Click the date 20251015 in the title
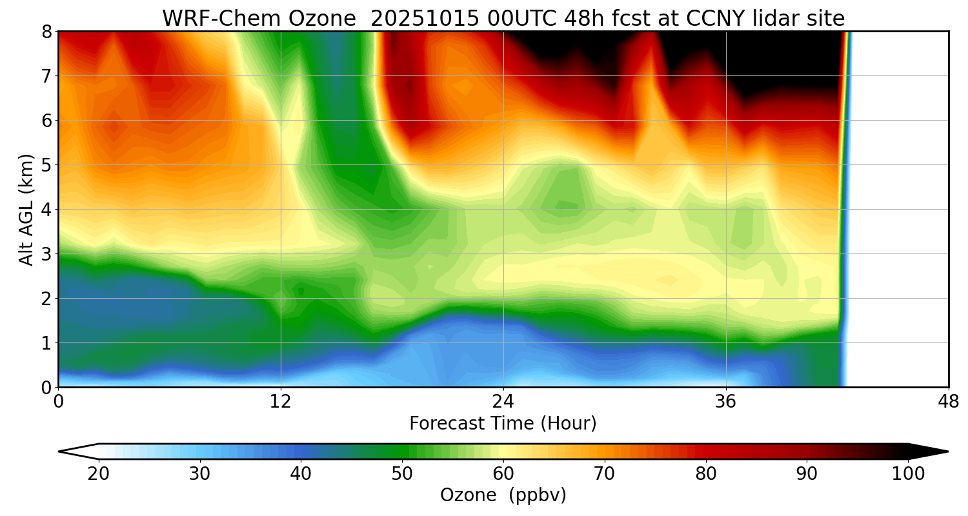coord(425,19)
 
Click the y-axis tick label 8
coord(46,32)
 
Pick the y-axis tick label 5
coord(46,165)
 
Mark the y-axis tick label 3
coord(46,254)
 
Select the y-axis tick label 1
coord(46,343)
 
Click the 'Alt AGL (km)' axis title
coord(26,210)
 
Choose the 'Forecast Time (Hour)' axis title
coord(503,424)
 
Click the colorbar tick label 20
coord(99,474)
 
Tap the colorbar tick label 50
coord(402,474)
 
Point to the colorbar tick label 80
coord(706,474)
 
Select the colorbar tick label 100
coord(908,474)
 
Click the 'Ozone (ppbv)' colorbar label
coord(503,495)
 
